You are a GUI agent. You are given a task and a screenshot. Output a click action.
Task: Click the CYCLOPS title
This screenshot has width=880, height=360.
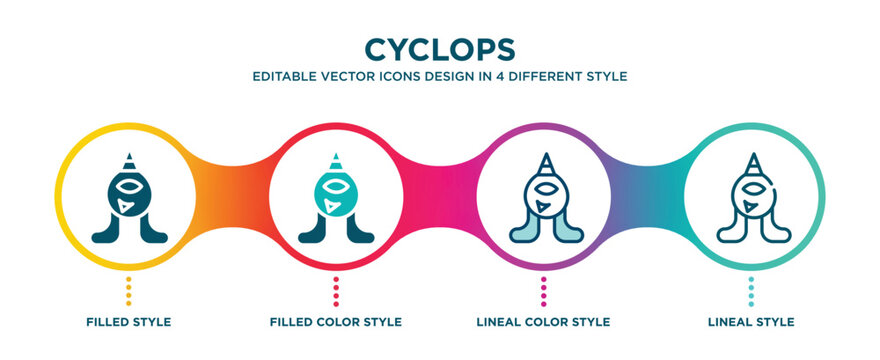point(440,49)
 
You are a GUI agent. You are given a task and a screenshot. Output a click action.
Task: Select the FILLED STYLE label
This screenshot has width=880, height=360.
point(129,322)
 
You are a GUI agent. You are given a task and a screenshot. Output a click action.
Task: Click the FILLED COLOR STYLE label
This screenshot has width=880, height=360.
point(336,322)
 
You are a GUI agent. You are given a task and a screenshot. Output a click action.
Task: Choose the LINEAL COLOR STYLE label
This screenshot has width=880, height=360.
point(544,322)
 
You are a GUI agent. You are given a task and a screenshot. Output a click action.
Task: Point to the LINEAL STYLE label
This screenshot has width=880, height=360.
point(751,322)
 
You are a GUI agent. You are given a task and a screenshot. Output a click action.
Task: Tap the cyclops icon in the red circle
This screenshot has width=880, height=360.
point(336,199)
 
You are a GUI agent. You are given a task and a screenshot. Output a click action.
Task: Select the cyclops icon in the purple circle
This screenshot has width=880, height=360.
point(544,199)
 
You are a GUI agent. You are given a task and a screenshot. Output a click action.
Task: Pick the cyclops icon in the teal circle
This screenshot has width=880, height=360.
point(751,199)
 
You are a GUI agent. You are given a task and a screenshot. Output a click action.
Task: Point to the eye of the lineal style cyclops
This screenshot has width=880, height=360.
point(751,187)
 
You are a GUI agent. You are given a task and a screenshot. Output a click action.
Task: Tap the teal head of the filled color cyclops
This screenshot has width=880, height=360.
point(336,195)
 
